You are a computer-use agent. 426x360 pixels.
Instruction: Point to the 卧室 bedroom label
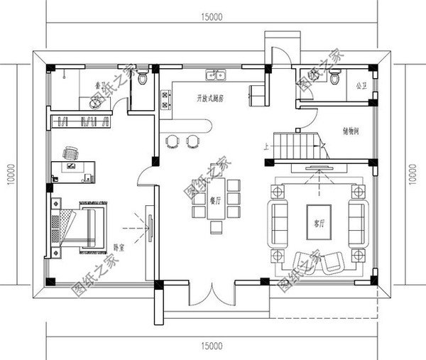coord(119,247)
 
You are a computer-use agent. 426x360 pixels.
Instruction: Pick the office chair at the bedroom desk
coord(70,152)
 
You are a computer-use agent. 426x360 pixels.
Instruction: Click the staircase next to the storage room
coord(297,146)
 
